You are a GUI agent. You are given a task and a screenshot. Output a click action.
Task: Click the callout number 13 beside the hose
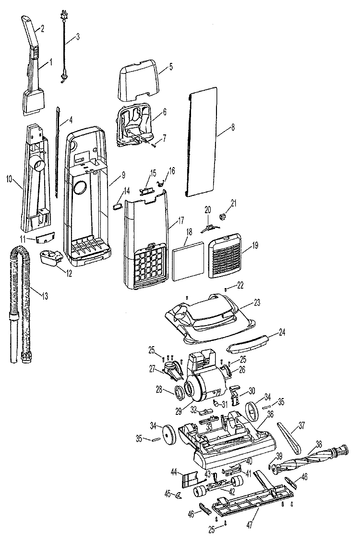[45, 296]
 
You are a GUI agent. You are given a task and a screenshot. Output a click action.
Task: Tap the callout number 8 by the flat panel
[233, 128]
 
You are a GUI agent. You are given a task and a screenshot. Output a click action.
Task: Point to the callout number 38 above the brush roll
[319, 443]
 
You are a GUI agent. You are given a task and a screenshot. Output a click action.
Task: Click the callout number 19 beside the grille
[255, 246]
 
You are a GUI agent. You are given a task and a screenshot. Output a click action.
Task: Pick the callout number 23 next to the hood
[257, 302]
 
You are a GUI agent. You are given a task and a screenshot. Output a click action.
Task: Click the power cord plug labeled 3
[63, 16]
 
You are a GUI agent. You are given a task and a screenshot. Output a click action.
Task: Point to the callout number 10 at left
[10, 179]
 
